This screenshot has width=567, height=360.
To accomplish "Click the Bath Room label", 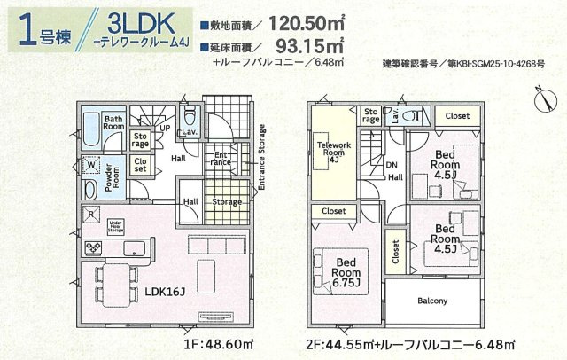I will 113,121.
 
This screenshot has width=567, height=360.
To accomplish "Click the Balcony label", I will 432,301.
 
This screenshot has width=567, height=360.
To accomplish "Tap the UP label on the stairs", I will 165,127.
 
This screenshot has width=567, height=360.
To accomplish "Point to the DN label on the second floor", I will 392,165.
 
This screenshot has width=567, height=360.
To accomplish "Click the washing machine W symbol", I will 91,164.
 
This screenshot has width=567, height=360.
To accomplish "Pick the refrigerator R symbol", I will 90,214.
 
